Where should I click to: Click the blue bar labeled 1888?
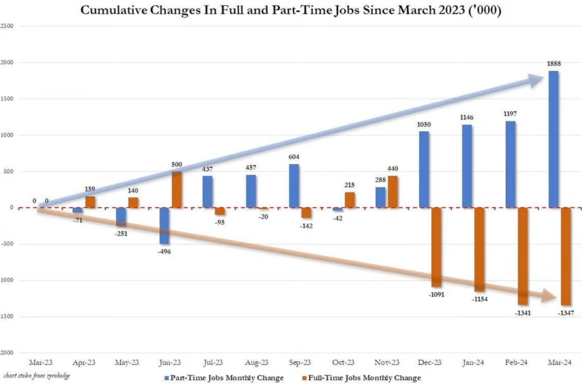coord(553,139)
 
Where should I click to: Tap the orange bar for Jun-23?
coord(177,189)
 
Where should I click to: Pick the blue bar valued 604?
coord(294,186)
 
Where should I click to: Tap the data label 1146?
coord(468,117)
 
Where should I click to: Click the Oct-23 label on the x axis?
coord(344,362)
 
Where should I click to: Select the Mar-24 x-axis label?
coord(560,362)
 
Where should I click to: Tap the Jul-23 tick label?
coord(213,362)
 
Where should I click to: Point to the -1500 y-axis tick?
coord(7,317)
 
